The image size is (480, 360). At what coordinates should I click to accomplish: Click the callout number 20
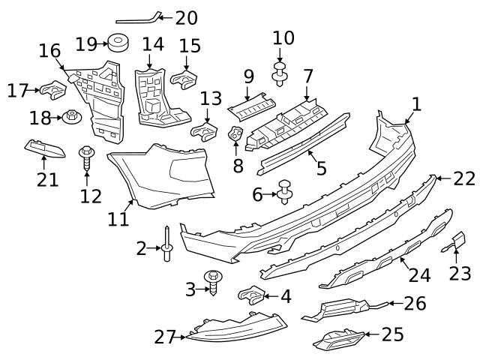pos(186,16)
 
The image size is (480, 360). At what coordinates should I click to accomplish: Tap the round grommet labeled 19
pos(117,43)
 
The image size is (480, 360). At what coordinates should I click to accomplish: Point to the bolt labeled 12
pos(86,157)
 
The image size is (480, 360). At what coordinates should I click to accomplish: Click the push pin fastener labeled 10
pos(280,73)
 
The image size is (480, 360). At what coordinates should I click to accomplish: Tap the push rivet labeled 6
pos(285,193)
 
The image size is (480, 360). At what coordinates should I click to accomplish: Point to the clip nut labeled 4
pos(252,295)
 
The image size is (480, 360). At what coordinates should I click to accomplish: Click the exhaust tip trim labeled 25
pos(340,341)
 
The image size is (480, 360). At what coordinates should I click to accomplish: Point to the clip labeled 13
pos(204,133)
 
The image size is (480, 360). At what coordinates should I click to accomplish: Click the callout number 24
pos(419,275)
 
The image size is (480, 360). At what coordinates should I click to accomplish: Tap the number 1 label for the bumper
pos(416,103)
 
